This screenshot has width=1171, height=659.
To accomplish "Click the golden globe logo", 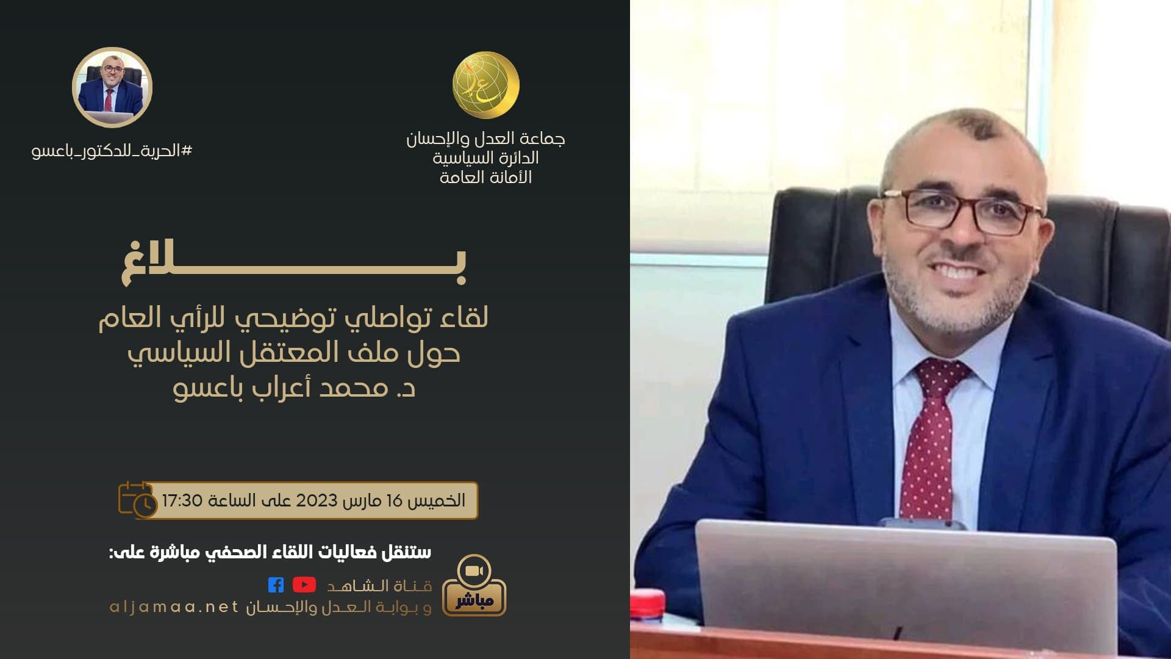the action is coord(485,85).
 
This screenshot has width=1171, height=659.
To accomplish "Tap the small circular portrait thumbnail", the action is coord(112,87).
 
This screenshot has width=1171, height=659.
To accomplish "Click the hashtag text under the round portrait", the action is coord(112,151).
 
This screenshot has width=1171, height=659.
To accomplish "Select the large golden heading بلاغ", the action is coord(294,263).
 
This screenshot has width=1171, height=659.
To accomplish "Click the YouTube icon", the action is coord(304,585).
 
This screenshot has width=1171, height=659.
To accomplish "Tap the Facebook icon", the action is coord(276,585).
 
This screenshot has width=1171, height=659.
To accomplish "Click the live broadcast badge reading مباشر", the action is coord(474,586).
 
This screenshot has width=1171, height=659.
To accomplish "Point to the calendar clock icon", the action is coord(137,500).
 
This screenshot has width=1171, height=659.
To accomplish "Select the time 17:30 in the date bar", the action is coord(182,501).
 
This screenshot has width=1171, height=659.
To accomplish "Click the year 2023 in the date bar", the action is coord(317,501).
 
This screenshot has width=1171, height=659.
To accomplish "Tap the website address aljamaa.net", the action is coord(174,607).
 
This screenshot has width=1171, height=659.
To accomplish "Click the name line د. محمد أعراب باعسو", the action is coord(294,388).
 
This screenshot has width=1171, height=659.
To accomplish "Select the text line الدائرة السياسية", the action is coord(485,158).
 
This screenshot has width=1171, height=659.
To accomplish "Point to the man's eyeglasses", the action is coord(962,211).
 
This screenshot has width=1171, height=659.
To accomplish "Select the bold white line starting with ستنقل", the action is coord(270,552).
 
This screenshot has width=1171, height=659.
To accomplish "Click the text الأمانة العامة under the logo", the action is coord(485,178).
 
